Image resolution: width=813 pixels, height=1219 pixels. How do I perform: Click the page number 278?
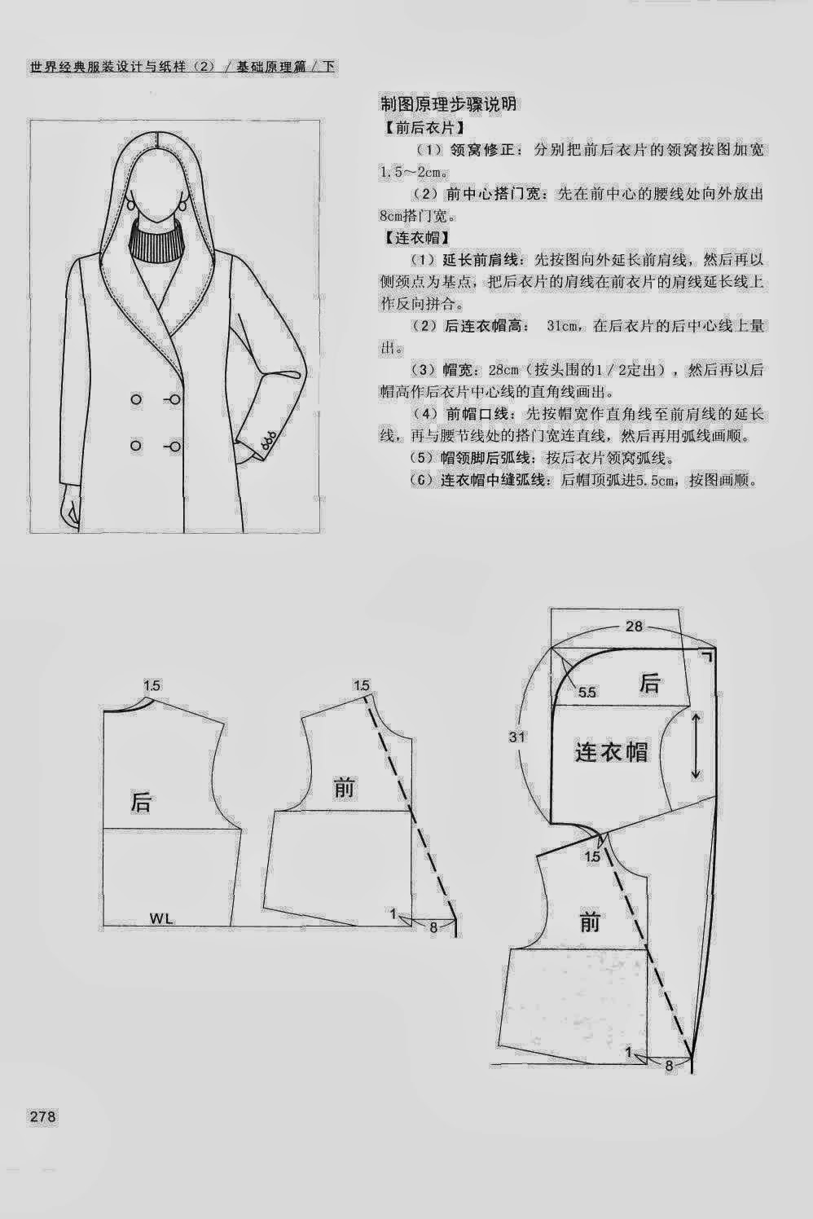(x=42, y=1116)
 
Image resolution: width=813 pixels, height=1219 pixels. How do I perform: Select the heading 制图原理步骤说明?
(x=448, y=104)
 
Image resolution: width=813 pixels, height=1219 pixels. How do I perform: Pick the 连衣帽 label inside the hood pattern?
(x=611, y=751)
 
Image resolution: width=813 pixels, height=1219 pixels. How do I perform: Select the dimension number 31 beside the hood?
(x=516, y=737)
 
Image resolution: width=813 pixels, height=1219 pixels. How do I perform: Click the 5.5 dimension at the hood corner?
(x=587, y=692)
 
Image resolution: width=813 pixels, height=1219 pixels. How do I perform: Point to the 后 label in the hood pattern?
(x=649, y=683)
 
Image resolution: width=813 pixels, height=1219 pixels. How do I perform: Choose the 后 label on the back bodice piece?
(x=141, y=802)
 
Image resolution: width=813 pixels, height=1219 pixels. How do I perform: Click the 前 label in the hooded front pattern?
(x=589, y=922)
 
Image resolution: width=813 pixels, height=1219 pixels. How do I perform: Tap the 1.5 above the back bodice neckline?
(x=152, y=686)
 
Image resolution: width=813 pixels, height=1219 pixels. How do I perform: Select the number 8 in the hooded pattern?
(x=669, y=1064)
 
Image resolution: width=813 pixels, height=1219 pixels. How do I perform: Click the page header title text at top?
(x=182, y=67)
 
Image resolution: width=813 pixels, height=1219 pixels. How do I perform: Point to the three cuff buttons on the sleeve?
(x=266, y=441)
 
